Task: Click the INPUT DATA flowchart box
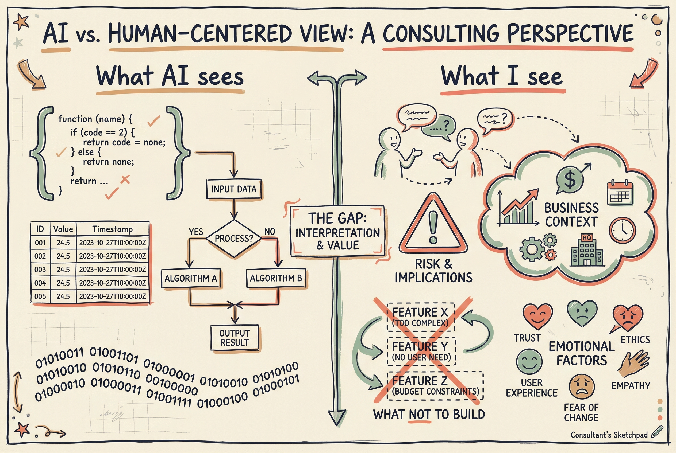click(234, 189)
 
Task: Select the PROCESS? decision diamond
click(234, 239)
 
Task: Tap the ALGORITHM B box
click(276, 278)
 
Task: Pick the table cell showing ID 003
click(40, 270)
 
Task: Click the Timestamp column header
click(113, 229)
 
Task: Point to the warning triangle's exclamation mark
click(433, 227)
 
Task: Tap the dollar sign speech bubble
click(570, 180)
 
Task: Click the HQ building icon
click(587, 251)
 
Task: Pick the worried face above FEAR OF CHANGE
click(581, 387)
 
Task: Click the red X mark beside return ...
click(125, 180)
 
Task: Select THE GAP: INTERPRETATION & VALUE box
click(337, 231)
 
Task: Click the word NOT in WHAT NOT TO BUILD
click(420, 415)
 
